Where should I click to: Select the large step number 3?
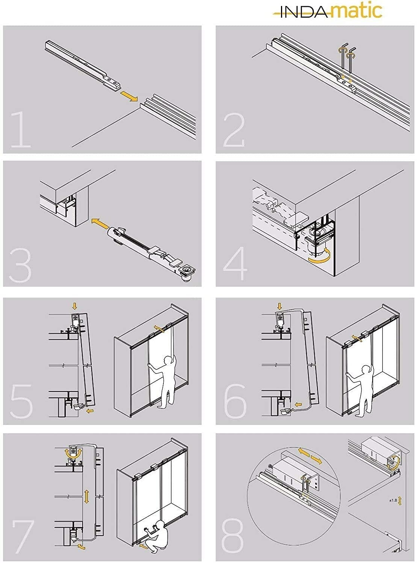coord(21,265)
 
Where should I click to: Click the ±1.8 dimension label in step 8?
coord(393,500)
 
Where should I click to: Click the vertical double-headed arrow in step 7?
coord(87,496)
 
